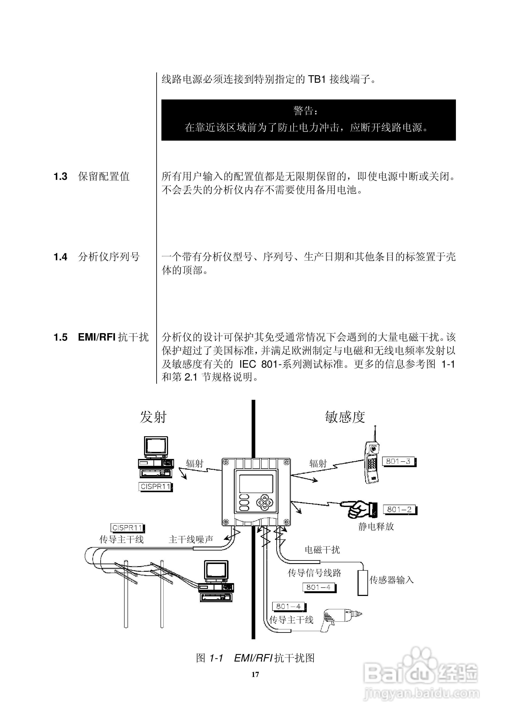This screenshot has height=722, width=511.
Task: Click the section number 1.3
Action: [60, 177]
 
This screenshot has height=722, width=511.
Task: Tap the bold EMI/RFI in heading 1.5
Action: [97, 338]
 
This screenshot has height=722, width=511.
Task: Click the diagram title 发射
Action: [153, 417]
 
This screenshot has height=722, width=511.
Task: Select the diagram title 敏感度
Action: [345, 417]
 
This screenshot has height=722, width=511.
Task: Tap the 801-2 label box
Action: [399, 509]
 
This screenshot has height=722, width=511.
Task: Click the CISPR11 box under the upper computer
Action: [155, 487]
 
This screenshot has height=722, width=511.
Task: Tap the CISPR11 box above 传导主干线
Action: [127, 528]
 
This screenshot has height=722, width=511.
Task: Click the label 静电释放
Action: [376, 526]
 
